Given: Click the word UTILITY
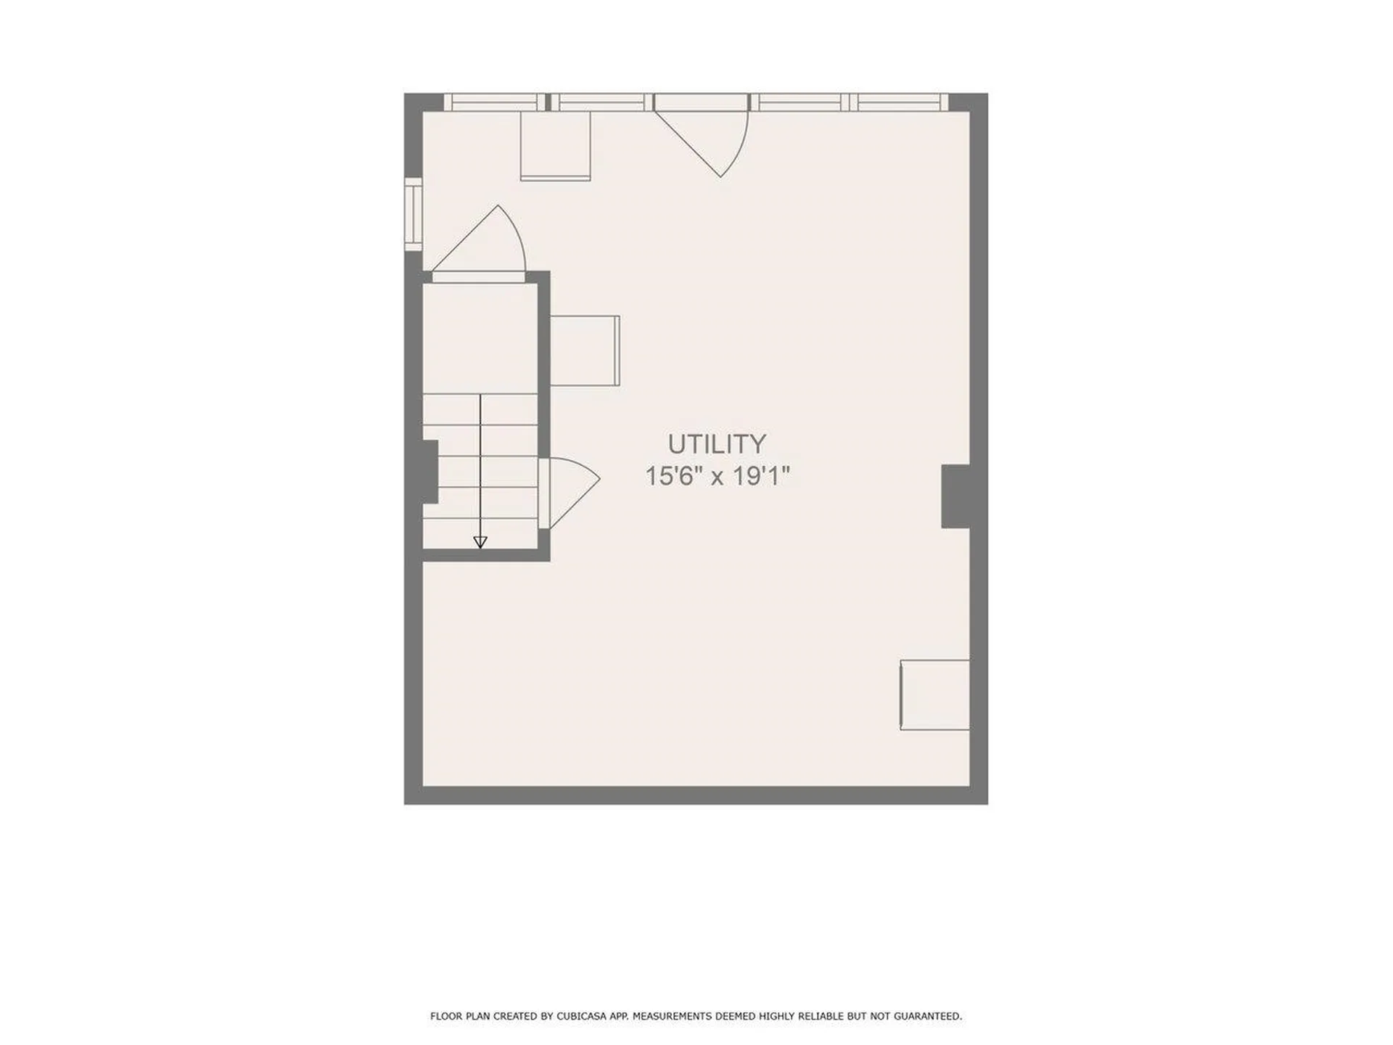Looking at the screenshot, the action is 717,443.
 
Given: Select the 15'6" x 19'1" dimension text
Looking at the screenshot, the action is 717,476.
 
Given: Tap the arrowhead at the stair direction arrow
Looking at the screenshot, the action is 480,542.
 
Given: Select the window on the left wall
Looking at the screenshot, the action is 413,214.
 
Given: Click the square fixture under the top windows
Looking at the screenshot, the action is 555,145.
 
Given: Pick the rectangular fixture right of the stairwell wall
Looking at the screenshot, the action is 585,351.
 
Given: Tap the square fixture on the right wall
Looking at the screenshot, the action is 934,694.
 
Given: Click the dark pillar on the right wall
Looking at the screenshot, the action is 956,496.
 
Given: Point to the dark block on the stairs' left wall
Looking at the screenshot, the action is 430,471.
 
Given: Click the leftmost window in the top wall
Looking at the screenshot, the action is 494,102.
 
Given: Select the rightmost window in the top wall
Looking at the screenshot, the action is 900,102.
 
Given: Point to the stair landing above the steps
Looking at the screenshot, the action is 480,338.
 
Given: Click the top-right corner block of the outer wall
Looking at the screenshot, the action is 969,102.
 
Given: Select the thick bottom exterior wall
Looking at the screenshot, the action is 696,795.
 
